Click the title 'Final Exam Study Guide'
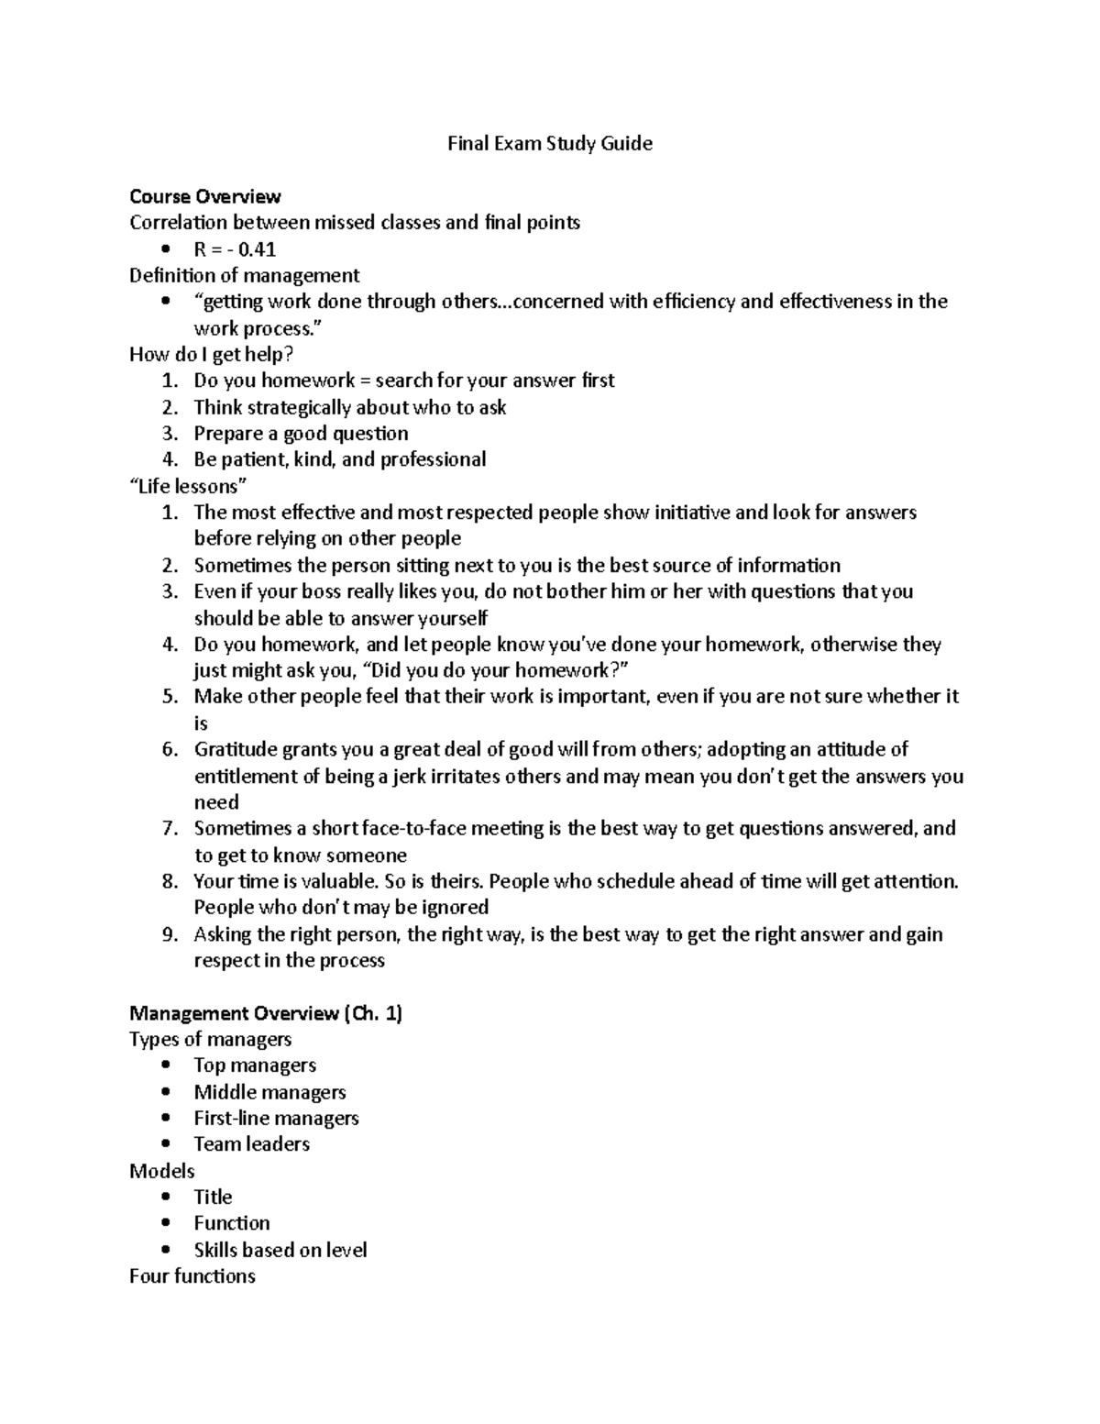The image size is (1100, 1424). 549,144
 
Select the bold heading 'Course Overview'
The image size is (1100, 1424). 205,196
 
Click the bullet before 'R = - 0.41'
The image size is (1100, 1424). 165,249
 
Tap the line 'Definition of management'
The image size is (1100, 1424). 244,275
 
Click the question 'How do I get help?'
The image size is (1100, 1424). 211,354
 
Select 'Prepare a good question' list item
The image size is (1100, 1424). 301,434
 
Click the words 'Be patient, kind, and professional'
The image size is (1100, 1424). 339,459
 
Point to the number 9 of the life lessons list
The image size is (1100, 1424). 169,935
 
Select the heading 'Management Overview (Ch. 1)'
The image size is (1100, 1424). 266,1013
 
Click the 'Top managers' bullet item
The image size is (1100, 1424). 255,1065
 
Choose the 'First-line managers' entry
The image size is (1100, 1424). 276,1119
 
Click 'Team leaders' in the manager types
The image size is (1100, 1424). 251,1144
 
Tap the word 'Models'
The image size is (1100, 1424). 162,1171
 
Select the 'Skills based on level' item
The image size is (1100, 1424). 280,1250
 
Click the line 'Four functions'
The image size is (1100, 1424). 192,1276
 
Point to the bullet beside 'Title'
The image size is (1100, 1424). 165,1198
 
